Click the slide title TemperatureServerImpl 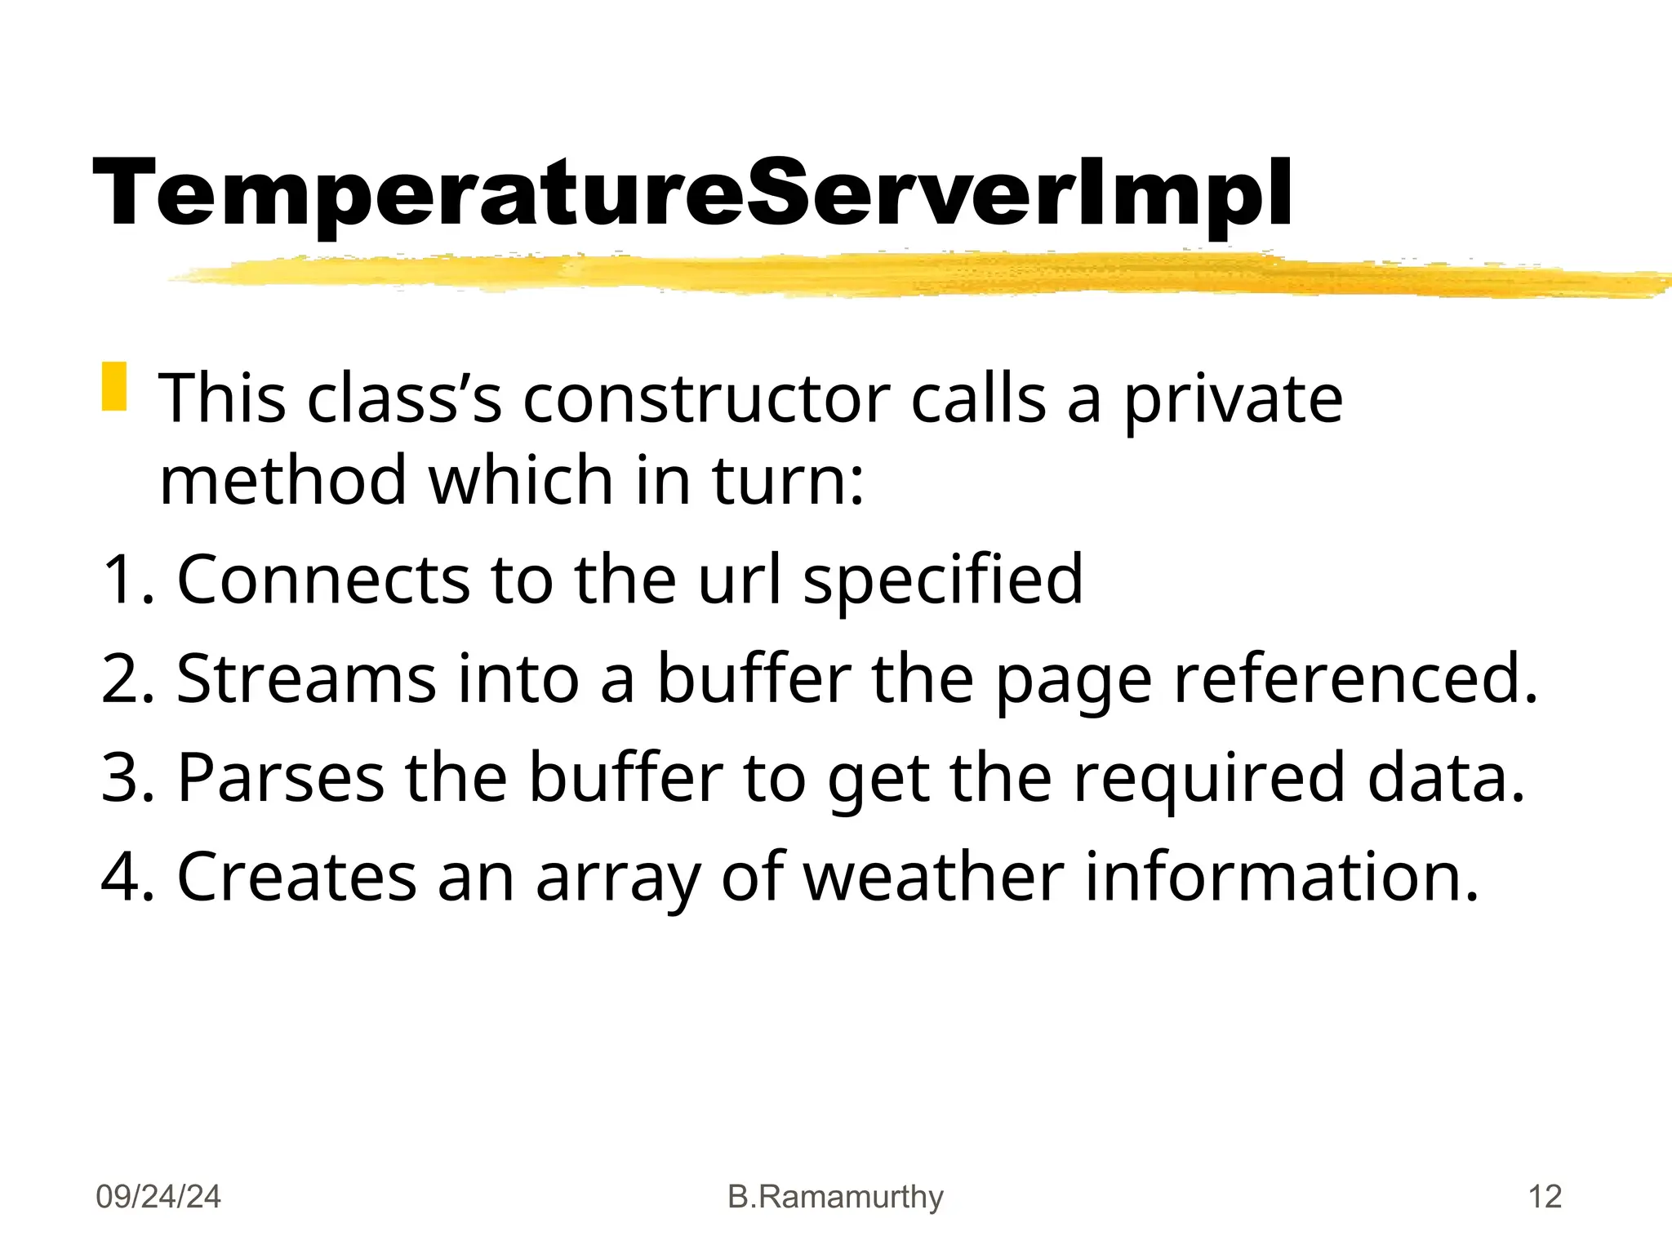tap(692, 194)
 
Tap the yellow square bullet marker tap(114, 386)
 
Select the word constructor tap(705, 399)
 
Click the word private tap(1233, 399)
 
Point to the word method tap(282, 481)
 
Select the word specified tap(943, 581)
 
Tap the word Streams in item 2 tap(306, 678)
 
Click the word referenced tap(1355, 678)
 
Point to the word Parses tap(280, 777)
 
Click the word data tap(1446, 777)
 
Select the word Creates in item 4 tap(296, 877)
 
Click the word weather tap(934, 877)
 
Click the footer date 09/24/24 tap(158, 1197)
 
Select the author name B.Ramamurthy tap(835, 1197)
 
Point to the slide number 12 tap(1545, 1197)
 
